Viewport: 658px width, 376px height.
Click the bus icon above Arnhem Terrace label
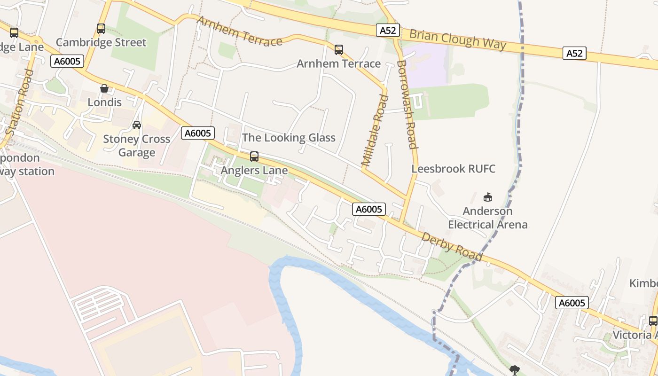point(338,49)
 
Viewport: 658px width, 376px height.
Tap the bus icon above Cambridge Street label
point(101,29)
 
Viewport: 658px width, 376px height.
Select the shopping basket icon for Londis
point(104,88)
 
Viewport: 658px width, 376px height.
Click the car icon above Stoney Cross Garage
point(137,125)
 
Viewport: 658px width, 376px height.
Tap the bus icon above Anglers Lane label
point(254,157)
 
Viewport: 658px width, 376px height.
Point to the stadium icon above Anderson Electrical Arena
point(488,197)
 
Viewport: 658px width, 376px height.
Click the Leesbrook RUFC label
point(454,169)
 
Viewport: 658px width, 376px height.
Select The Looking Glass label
point(289,138)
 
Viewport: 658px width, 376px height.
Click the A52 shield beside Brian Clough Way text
point(388,31)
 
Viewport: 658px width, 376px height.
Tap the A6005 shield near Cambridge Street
point(67,61)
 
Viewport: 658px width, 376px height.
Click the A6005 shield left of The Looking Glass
point(198,133)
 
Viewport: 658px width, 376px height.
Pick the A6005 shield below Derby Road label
point(572,303)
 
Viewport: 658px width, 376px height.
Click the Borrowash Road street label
point(407,104)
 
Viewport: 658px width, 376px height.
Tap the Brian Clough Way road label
point(457,39)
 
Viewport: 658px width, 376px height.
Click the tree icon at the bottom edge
point(515,370)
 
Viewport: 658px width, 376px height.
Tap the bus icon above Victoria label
point(653,321)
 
